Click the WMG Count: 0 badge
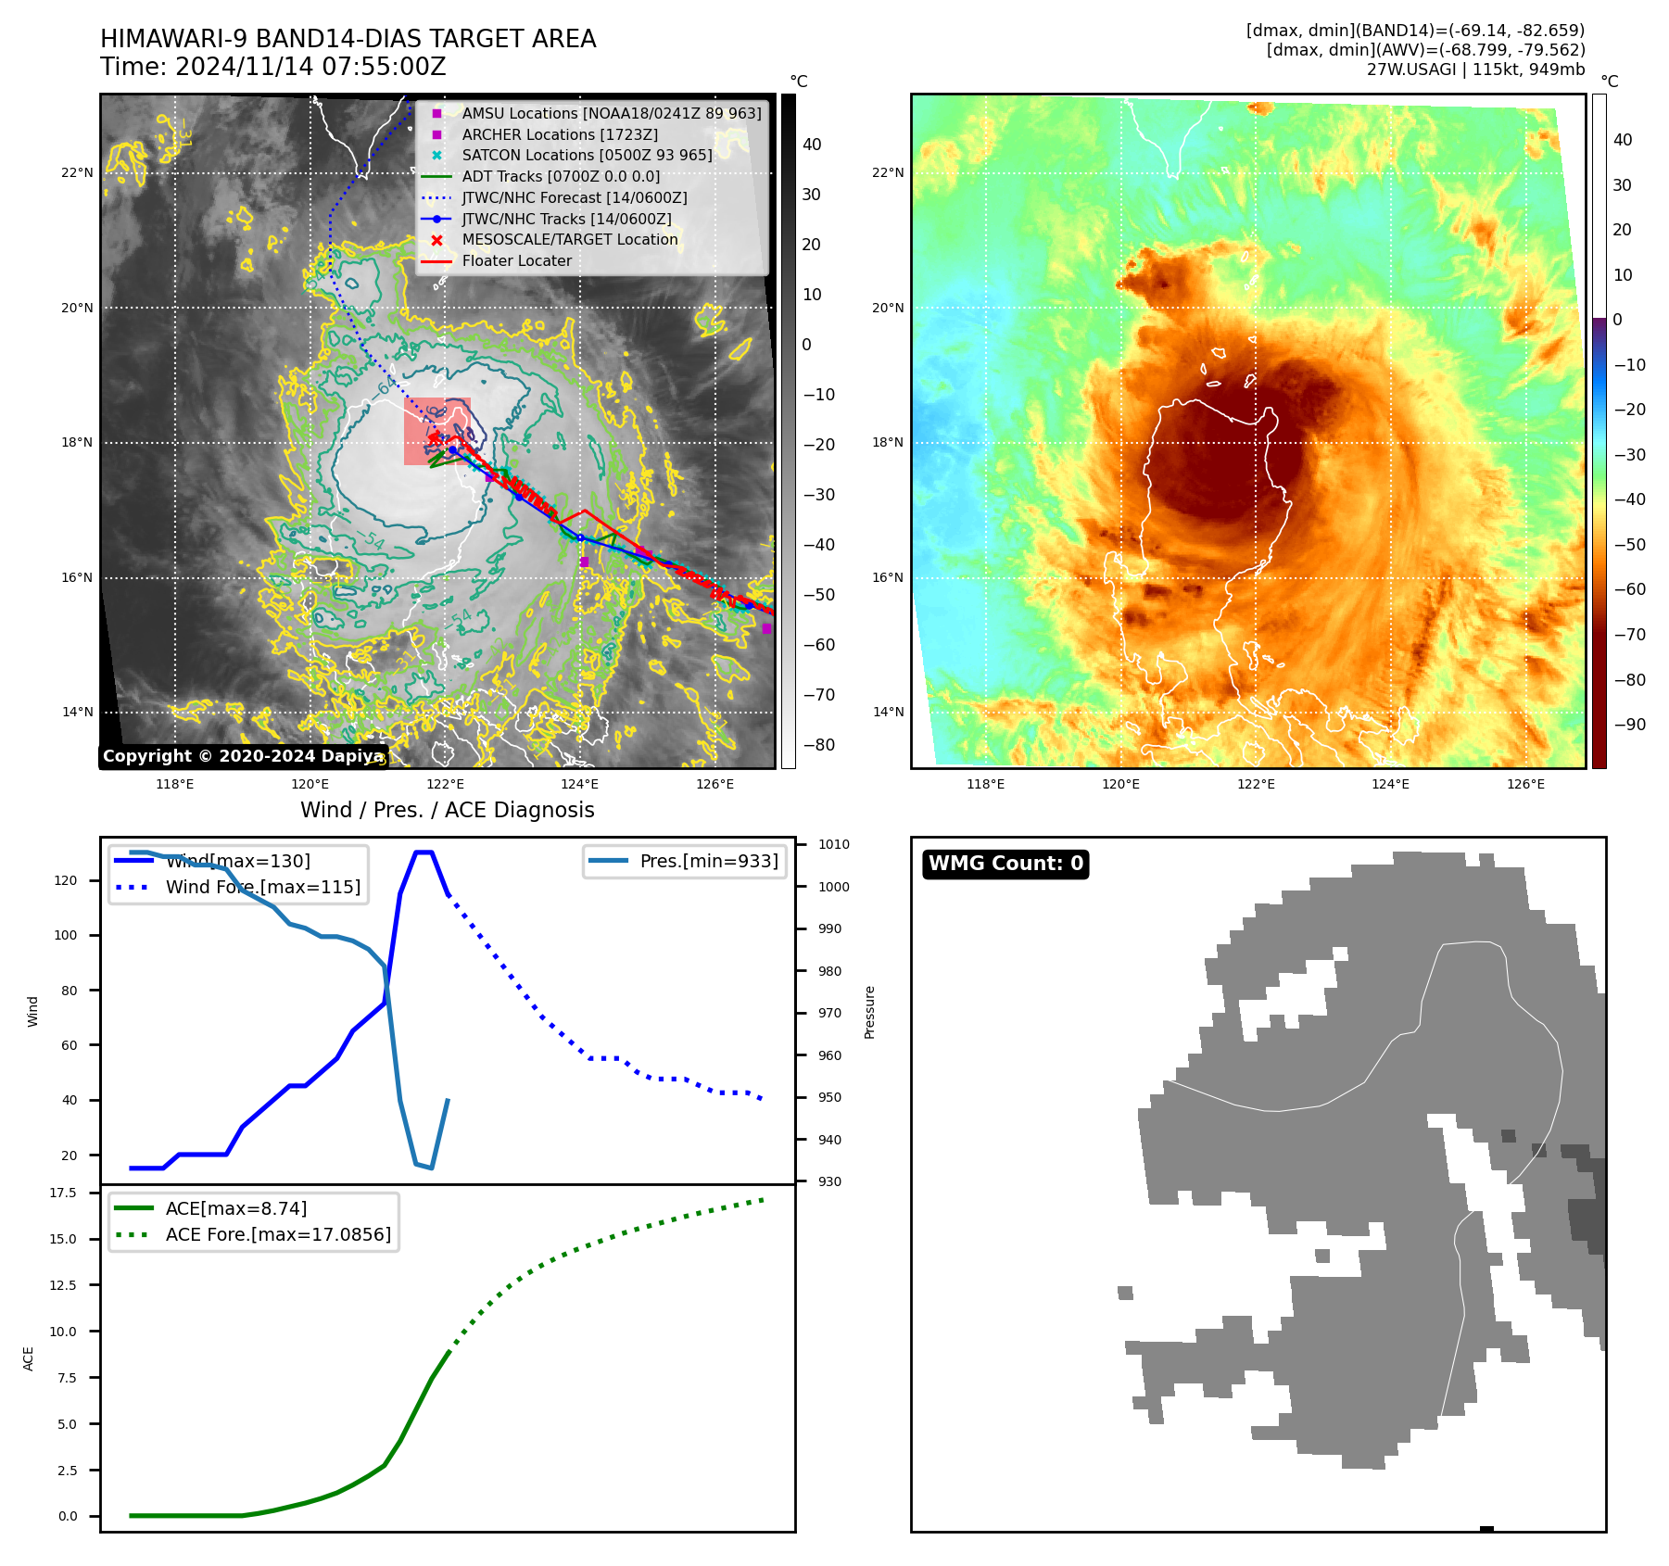coord(1005,864)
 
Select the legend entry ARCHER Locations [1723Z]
coord(560,134)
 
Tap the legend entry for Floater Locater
coord(516,261)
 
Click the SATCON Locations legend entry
coord(587,156)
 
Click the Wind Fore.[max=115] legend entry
coord(262,887)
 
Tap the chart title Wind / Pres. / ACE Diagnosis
coord(447,810)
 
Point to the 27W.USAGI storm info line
coord(1475,69)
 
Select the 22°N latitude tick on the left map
coord(78,172)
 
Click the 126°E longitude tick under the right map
coord(1525,784)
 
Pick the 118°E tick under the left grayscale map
coord(174,784)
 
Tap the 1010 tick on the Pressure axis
coord(834,844)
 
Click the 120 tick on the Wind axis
coord(66,880)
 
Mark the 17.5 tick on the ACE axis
coord(63,1193)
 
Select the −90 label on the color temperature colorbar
coord(1629,725)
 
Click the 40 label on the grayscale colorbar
coord(812,145)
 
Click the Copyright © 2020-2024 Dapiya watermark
coord(243,756)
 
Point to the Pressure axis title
coord(870,1012)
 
